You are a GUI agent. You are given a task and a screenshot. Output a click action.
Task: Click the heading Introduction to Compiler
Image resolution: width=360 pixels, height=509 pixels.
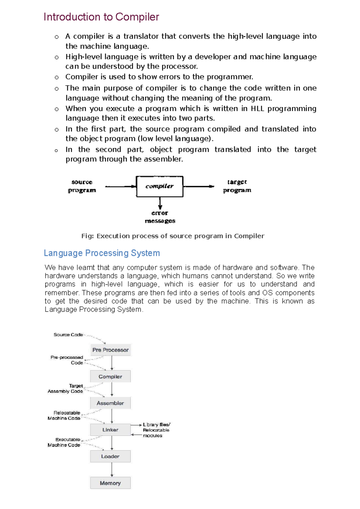coord(101,17)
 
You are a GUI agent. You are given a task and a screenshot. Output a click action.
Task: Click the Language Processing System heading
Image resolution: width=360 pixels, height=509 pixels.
coord(102,253)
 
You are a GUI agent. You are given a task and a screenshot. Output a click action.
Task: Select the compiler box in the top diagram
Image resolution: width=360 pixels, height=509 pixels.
coord(160,186)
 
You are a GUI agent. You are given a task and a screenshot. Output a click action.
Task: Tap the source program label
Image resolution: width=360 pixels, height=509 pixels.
coord(82,186)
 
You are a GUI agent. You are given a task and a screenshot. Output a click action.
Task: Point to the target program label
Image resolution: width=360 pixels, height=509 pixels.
coord(237,186)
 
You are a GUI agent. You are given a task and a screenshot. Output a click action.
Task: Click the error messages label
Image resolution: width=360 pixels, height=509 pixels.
coord(160,217)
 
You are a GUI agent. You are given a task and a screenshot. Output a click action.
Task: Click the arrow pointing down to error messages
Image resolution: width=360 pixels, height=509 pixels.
coord(160,203)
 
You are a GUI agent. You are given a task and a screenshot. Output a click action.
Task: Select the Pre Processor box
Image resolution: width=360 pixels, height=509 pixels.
coord(110,350)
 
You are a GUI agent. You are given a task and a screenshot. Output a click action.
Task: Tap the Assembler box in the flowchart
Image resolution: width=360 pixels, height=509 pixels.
coord(110,403)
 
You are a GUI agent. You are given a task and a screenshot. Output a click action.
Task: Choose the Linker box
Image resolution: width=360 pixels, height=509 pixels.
coord(110,430)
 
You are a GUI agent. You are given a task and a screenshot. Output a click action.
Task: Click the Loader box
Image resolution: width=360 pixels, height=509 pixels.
coord(110,457)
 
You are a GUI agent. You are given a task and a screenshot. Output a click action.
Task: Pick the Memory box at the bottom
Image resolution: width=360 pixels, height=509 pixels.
coord(110,483)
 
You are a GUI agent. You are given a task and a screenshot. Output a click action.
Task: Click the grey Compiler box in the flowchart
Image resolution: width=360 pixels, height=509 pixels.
coord(110,377)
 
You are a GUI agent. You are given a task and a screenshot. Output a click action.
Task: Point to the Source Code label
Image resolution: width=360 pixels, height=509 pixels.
coord(68,335)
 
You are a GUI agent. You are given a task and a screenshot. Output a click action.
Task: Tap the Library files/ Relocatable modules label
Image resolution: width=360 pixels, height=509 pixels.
coord(156,430)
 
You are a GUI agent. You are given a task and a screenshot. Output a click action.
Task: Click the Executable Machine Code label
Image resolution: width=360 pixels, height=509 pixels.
coord(64,442)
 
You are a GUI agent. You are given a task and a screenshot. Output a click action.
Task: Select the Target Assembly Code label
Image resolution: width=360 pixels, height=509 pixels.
coord(66,388)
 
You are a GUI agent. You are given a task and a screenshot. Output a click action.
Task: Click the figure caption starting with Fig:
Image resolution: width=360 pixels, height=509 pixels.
coord(173,236)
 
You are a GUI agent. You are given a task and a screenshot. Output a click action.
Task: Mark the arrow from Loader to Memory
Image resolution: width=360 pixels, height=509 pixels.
coord(112,470)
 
